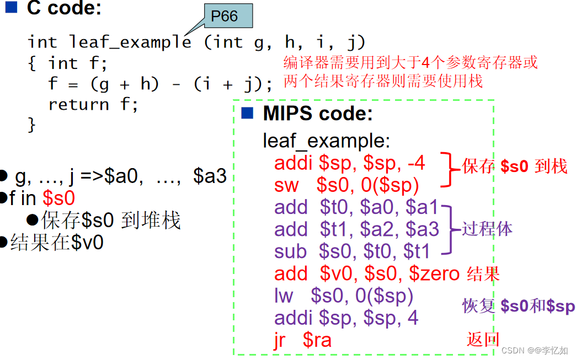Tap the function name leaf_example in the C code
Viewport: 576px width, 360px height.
(x=130, y=42)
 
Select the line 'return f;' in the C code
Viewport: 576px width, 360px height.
(x=93, y=104)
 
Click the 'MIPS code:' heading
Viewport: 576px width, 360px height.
(x=318, y=114)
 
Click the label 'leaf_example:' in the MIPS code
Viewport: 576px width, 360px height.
(x=326, y=141)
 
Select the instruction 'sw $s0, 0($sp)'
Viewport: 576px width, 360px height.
(x=346, y=185)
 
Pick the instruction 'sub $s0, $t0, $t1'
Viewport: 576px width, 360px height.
(x=351, y=251)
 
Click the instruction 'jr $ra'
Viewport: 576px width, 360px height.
(x=303, y=340)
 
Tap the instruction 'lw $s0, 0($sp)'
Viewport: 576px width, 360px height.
(x=344, y=296)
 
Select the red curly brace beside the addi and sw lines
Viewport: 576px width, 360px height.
(x=450, y=170)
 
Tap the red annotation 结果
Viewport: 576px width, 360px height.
(x=483, y=273)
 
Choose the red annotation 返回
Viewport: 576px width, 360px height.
(x=483, y=340)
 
